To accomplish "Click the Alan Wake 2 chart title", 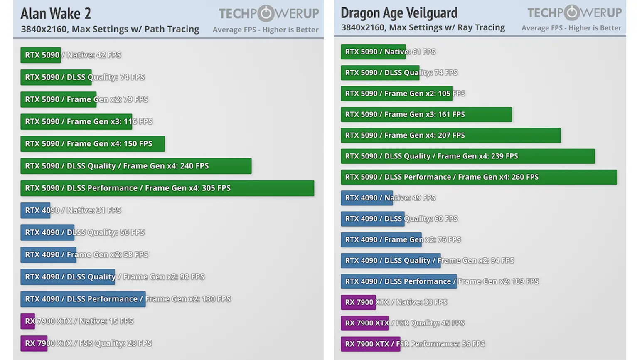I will pos(56,14).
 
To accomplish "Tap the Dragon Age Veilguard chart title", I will pos(399,13).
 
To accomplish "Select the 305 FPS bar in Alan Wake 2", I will pos(167,188).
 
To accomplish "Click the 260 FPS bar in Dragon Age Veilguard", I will pos(479,177).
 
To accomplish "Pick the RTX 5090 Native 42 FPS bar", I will pos(41,55).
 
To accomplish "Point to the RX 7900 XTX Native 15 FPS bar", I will pos(28,321).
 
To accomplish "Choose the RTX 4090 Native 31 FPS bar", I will pos(35,210).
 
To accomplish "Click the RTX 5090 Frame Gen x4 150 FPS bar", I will pos(92,144).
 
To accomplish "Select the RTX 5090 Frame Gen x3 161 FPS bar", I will pos(426,115).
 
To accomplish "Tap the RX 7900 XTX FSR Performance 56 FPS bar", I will pos(370,344).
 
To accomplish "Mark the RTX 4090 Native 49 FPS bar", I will pos(361,198).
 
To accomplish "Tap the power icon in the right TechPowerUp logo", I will pos(572,12).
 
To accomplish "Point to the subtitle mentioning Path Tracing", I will pos(110,30).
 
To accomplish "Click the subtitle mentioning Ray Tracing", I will pos(423,28).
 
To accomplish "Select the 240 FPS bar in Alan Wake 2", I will pos(136,166).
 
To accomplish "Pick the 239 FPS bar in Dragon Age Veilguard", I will pos(467,156).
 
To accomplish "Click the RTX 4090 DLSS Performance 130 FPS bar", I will pos(83,299).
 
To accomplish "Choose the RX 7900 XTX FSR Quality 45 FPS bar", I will pos(364,323).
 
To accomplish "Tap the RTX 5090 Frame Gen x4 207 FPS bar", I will pos(450,136).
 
